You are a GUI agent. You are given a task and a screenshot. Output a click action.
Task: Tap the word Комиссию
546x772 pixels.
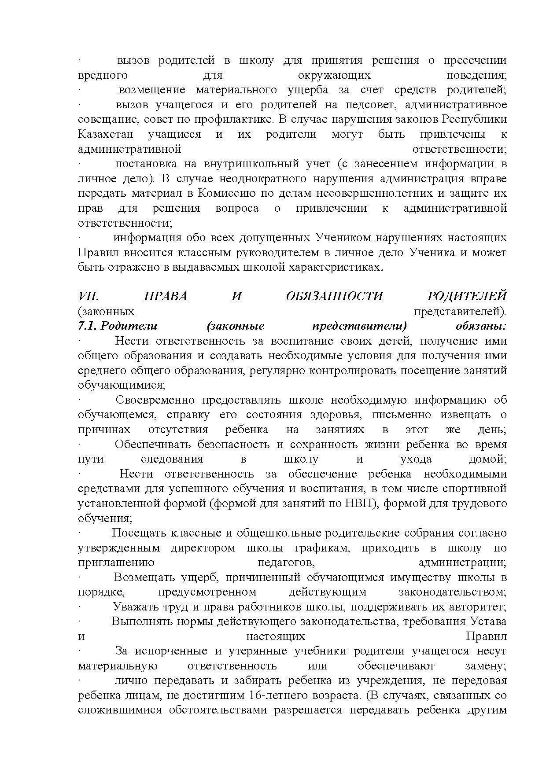coord(224,194)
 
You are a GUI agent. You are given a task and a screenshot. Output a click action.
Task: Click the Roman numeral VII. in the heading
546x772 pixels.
coord(88,296)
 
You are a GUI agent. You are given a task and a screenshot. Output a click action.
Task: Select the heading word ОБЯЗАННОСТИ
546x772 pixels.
coord(334,296)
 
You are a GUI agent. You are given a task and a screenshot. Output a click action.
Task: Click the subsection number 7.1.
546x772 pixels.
coord(90,326)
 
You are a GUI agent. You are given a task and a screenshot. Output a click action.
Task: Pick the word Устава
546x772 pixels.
coord(487,621)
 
